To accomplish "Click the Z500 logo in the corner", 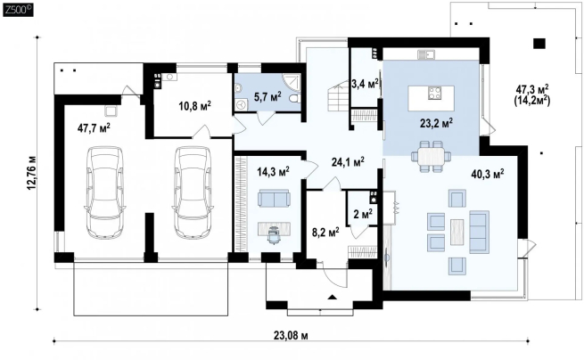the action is tap(18, 9).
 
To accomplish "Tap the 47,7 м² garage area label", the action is tap(94, 127).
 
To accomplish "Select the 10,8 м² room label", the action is tap(194, 106).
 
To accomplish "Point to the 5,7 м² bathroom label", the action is tap(267, 97).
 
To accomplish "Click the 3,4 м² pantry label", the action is tap(365, 84).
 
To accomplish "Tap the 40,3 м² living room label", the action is tap(488, 174).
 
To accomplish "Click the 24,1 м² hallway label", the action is tap(348, 161).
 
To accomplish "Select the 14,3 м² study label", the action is tap(274, 171).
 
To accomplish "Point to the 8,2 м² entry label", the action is tap(325, 233).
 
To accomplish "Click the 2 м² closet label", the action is tap(362, 214).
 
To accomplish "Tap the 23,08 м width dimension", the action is tap(291, 336).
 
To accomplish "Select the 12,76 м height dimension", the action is tap(32, 173).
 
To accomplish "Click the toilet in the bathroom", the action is tap(294, 99).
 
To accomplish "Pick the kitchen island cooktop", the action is tap(434, 93).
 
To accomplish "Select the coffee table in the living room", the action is tap(457, 232).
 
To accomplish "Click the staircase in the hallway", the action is tap(338, 97).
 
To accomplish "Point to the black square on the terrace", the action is tap(539, 44).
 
